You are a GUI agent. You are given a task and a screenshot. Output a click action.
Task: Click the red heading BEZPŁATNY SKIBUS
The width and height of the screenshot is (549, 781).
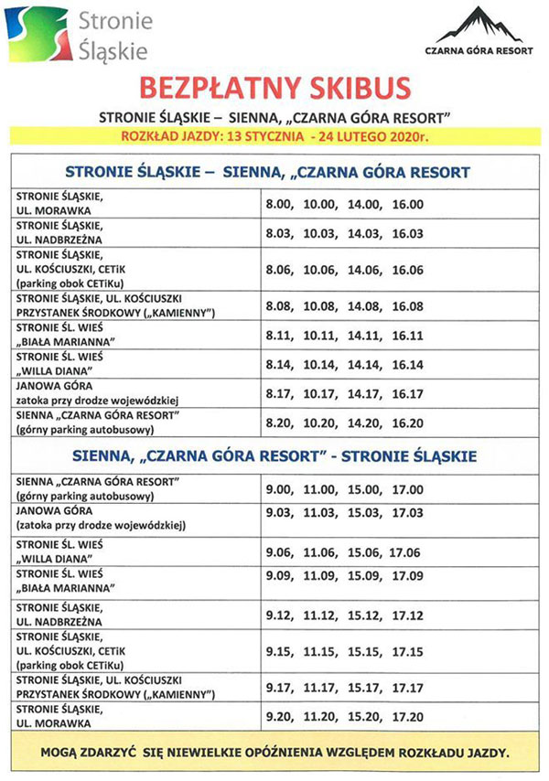[274, 89]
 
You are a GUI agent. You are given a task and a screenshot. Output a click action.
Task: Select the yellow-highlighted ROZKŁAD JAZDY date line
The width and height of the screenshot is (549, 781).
[274, 137]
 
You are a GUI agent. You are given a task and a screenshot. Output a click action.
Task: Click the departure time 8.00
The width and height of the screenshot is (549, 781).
[279, 204]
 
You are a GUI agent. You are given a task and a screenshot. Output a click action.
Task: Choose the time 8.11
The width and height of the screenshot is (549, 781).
[279, 335]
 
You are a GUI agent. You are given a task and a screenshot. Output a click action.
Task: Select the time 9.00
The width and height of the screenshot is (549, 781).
[279, 488]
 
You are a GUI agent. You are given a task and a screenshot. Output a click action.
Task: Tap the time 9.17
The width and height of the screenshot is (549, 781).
[279, 687]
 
